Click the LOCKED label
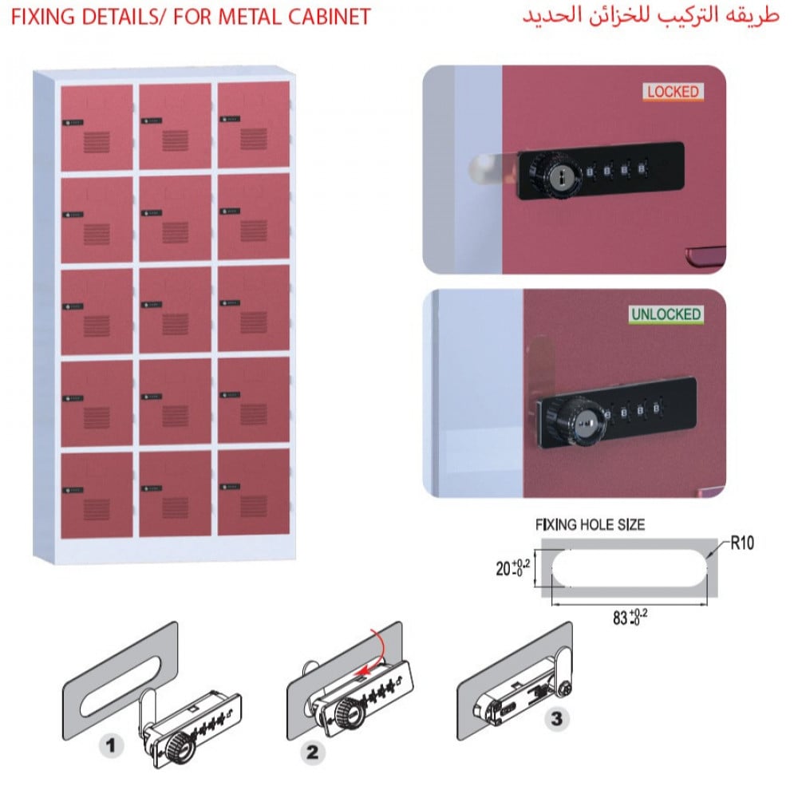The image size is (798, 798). (672, 92)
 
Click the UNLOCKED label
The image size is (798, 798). (666, 314)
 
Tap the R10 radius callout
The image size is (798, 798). (741, 543)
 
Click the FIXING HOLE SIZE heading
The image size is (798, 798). (590, 525)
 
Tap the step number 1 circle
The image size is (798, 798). (111, 747)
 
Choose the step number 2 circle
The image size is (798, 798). (312, 750)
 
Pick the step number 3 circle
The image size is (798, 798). (556, 718)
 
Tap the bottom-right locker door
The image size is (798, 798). (253, 492)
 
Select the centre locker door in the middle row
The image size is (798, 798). (175, 309)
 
